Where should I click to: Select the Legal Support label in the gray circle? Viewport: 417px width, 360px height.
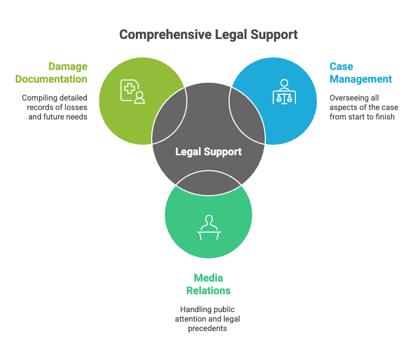[208, 152]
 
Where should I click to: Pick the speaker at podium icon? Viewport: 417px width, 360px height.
[208, 227]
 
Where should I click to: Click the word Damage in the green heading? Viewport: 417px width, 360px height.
[68, 66]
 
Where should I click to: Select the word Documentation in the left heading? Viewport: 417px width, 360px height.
[51, 79]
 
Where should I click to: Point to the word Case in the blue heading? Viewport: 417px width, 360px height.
[341, 66]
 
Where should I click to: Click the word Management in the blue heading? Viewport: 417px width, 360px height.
[361, 79]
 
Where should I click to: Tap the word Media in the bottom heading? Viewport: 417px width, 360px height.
[208, 277]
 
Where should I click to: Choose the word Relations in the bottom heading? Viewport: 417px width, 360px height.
[208, 291]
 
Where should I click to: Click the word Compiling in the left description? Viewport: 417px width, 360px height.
[38, 97]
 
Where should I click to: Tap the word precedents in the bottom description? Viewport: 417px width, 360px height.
[208, 328]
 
